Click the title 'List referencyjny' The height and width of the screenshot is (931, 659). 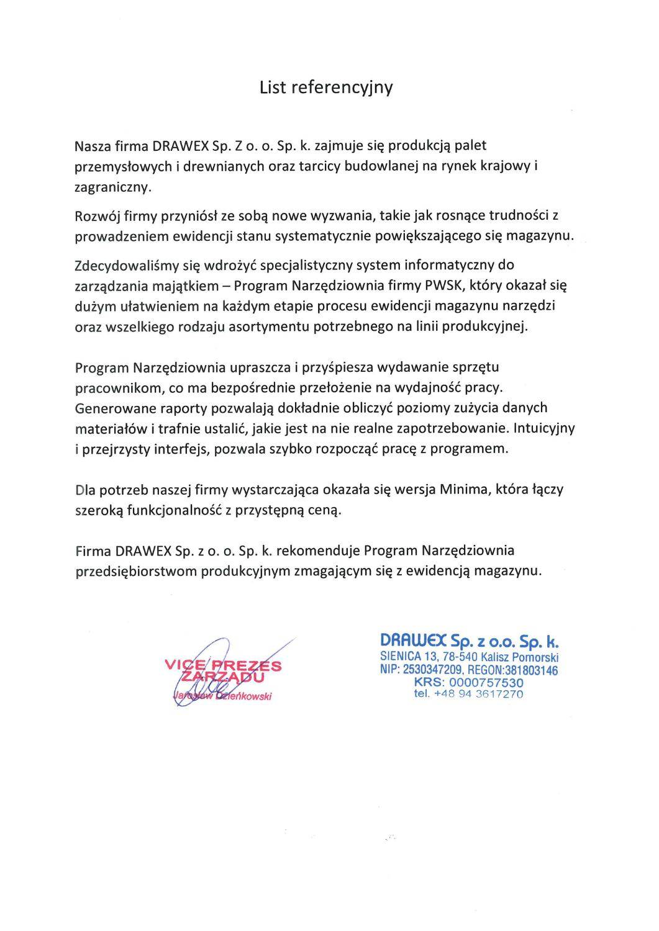pos(326,88)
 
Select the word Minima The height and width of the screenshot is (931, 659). pos(465,489)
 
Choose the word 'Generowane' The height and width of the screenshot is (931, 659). pos(109,408)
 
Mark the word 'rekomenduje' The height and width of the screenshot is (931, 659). pos(318,551)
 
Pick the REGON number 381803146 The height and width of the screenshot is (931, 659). pos(530,670)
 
